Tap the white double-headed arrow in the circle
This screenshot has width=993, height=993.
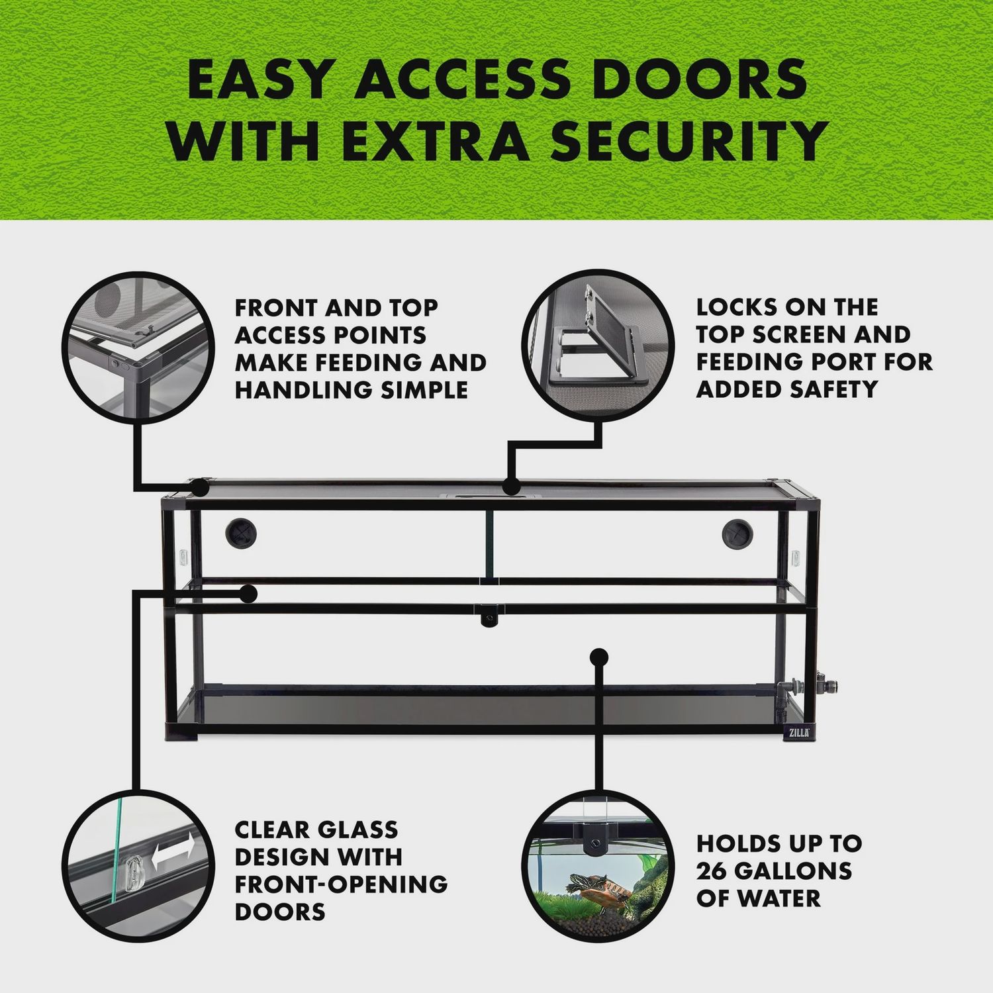click(x=173, y=852)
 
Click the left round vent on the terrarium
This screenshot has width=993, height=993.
click(x=240, y=532)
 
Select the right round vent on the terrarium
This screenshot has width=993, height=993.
click(x=736, y=532)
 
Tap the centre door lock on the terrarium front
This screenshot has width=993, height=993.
click(x=489, y=615)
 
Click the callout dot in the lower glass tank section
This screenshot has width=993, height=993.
click(x=599, y=656)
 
